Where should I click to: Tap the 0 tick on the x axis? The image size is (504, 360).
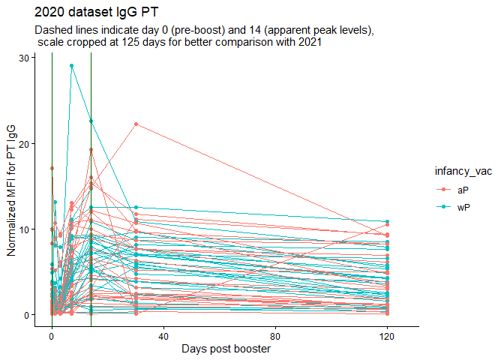point(52,337)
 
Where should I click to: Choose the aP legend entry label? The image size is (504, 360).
point(462,190)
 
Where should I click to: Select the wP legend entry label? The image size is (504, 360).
point(463,206)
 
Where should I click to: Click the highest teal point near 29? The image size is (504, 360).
point(71,65)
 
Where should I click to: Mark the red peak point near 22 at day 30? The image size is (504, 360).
point(136,124)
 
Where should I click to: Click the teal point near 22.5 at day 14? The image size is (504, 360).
point(91,121)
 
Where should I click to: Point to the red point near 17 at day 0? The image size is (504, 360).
point(52,168)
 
